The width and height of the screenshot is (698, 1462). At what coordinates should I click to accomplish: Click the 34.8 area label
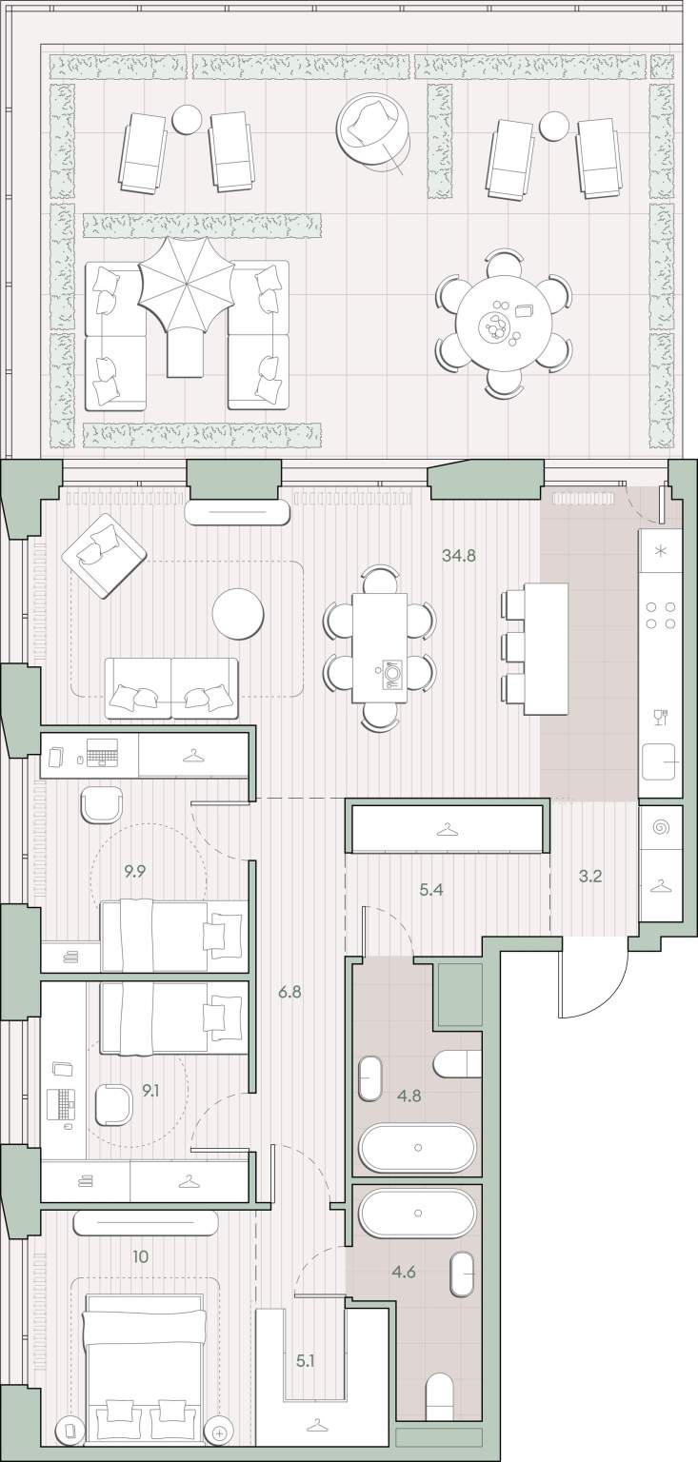[x=459, y=556]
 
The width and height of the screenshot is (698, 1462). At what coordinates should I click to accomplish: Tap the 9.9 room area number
[x=135, y=872]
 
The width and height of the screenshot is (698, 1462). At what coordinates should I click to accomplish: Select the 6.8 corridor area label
[x=289, y=993]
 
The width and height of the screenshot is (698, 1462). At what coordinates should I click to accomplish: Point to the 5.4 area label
[x=431, y=890]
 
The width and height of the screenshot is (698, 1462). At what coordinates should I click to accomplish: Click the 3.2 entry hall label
[x=590, y=877]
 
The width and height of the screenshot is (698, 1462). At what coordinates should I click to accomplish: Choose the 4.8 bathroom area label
[x=409, y=1096]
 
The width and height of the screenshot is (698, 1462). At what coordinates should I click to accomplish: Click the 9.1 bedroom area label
[x=150, y=1090]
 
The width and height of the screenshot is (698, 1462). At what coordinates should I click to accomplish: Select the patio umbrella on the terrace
[x=187, y=287]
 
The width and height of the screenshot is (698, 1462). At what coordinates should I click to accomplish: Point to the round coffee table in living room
[x=238, y=614]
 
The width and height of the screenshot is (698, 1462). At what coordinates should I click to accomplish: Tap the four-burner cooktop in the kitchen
[x=661, y=616]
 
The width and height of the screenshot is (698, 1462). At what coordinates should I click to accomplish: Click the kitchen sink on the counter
[x=660, y=762]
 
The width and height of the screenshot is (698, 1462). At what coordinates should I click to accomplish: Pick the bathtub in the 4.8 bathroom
[x=418, y=1147]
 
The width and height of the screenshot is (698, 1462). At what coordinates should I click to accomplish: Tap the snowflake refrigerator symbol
[x=661, y=550]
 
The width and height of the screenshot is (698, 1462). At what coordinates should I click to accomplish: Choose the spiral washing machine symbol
[x=662, y=828]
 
